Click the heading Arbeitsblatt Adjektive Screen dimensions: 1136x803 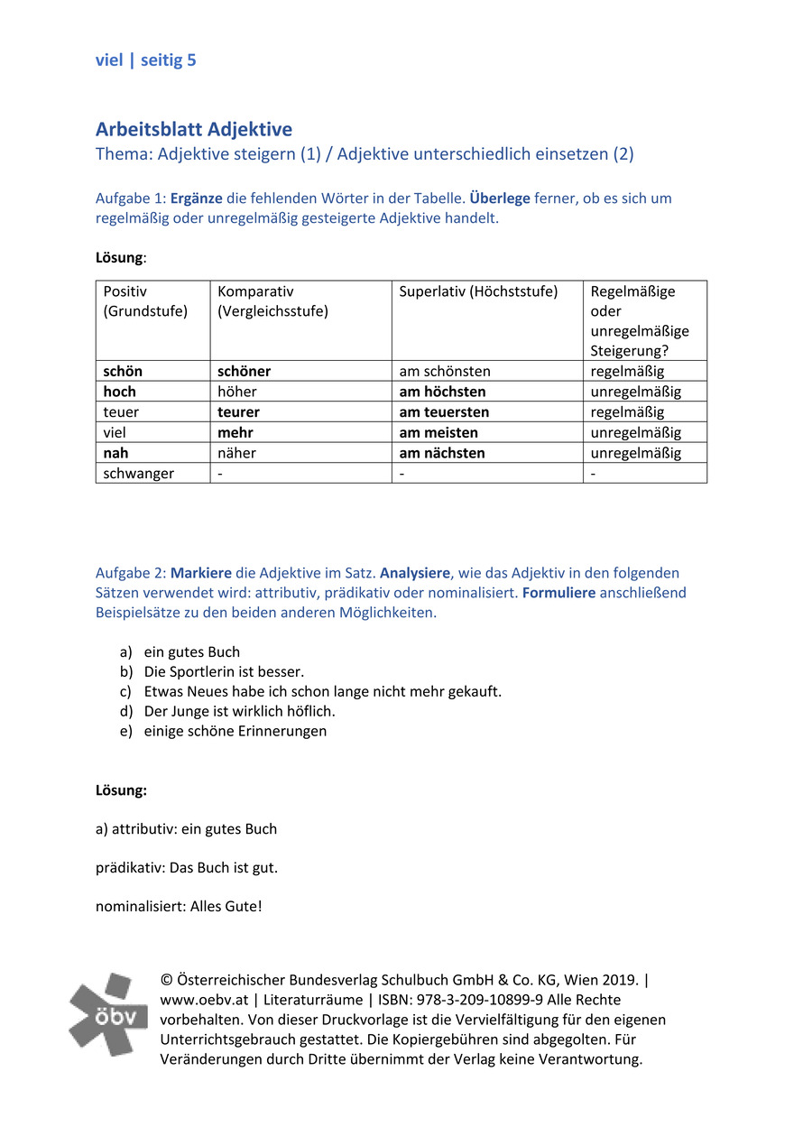tap(194, 130)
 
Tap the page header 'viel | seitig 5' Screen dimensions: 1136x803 tap(145, 60)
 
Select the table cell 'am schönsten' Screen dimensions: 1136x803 tap(445, 372)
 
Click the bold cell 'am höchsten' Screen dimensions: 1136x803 tap(442, 392)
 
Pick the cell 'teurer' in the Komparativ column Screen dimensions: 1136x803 tap(238, 412)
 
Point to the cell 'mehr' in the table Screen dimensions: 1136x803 tap(235, 433)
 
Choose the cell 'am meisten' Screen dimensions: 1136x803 tap(438, 433)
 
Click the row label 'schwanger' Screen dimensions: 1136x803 tap(139, 474)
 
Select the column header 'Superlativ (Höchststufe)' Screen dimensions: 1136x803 tap(478, 291)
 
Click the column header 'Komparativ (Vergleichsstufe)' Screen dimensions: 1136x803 tap(272, 301)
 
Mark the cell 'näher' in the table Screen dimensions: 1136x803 tap(236, 453)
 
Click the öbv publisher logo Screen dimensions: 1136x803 tap(108, 1014)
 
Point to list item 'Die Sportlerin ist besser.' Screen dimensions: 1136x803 tap(224, 671)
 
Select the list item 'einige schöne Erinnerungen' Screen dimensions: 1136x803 tap(235, 731)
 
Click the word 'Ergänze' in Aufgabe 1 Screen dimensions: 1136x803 tap(197, 199)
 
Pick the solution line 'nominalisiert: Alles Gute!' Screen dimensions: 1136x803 tap(179, 907)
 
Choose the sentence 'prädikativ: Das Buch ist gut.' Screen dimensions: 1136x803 tap(187, 868)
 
